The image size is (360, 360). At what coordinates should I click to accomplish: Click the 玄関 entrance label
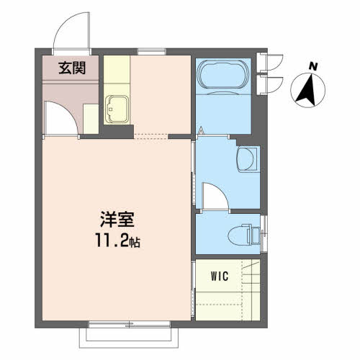pyautogui.click(x=72, y=68)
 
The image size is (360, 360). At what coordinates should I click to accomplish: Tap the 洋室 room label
pyautogui.click(x=117, y=220)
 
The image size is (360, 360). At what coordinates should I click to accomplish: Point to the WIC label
pyautogui.click(x=220, y=276)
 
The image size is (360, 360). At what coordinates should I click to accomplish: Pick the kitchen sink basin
pyautogui.click(x=117, y=109)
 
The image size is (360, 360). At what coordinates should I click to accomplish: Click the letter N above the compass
pyautogui.click(x=313, y=66)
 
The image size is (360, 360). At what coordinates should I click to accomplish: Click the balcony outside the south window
pyautogui.click(x=129, y=338)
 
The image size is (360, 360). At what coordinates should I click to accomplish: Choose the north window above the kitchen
pyautogui.click(x=152, y=52)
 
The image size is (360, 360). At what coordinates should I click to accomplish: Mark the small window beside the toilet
pyautogui.click(x=264, y=233)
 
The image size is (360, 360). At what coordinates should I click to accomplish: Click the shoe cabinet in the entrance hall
pyautogui.click(x=91, y=119)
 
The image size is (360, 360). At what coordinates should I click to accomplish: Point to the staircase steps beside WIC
pyautogui.click(x=251, y=289)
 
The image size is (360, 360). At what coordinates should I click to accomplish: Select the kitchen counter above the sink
pyautogui.click(x=117, y=69)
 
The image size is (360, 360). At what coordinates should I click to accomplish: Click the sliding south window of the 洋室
pyautogui.click(x=130, y=325)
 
